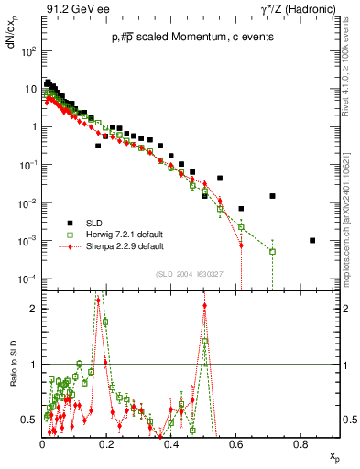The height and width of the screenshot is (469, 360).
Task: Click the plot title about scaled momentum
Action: (x=191, y=37)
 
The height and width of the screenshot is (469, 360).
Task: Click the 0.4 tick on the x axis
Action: (x=172, y=443)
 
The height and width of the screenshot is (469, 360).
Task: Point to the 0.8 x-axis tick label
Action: (x=300, y=443)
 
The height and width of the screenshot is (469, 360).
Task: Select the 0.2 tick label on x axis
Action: (x=107, y=443)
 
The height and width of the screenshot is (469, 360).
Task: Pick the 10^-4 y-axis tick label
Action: (x=28, y=278)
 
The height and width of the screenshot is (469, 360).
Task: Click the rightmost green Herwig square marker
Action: (x=272, y=251)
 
